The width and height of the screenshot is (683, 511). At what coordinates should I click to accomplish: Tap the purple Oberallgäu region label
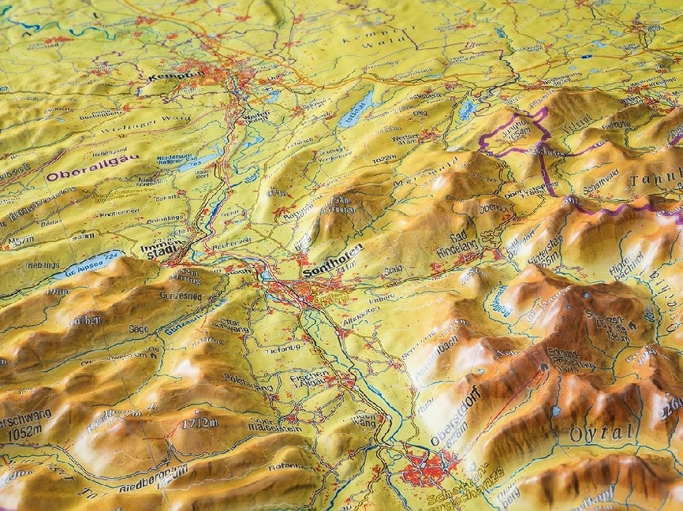click(x=91, y=167)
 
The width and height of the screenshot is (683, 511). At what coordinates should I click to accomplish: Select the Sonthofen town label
click(x=332, y=261)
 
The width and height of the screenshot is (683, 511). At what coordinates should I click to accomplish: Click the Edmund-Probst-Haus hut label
click(x=574, y=360)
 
